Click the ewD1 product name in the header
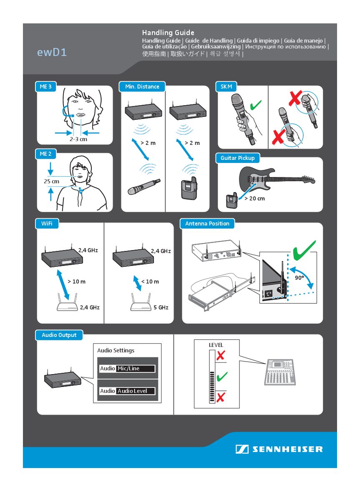[52, 53]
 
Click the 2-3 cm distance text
[78, 139]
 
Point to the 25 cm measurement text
[51, 182]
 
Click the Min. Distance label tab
[142, 87]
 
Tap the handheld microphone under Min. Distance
[144, 187]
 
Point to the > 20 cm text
[254, 198]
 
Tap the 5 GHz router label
[161, 307]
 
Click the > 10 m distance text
[76, 281]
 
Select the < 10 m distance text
[150, 281]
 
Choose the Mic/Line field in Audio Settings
[136, 369]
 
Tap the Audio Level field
[136, 391]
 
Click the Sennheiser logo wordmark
[287, 450]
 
